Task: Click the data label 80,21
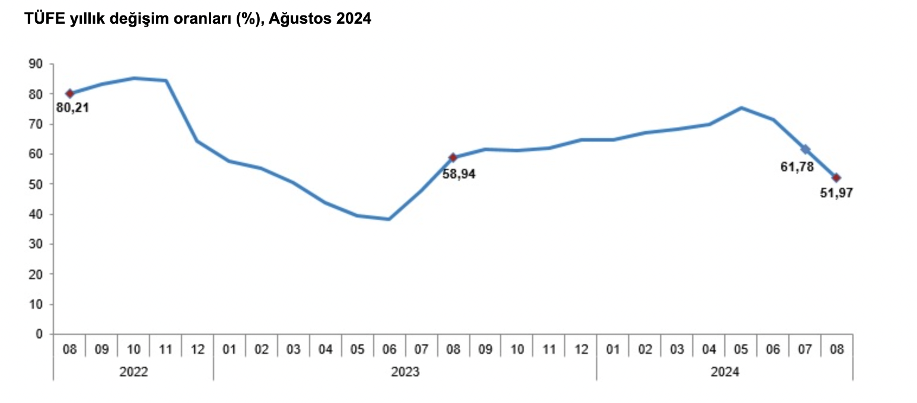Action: click(72, 108)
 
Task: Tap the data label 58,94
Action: click(459, 174)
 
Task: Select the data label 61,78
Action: click(797, 167)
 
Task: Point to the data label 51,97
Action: click(836, 193)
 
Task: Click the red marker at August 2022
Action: click(70, 94)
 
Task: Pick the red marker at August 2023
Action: click(453, 158)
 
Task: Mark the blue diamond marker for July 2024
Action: click(805, 149)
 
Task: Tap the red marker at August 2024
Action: click(836, 178)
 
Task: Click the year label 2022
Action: click(133, 372)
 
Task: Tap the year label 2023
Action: click(405, 372)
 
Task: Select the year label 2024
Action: click(725, 372)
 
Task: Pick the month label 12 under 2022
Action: click(198, 350)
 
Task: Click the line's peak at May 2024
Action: click(741, 108)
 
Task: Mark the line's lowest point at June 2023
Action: click(389, 219)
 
